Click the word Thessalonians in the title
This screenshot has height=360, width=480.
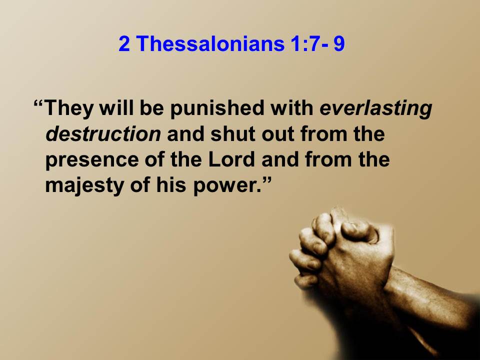(x=210, y=43)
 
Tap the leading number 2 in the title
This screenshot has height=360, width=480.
(x=124, y=43)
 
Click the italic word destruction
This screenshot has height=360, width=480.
(x=103, y=134)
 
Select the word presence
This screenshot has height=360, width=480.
(x=92, y=160)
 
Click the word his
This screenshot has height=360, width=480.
(x=171, y=184)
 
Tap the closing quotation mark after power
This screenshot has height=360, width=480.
(x=267, y=180)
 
